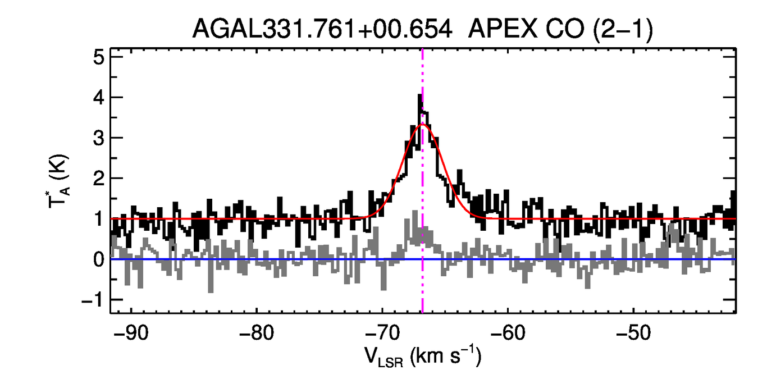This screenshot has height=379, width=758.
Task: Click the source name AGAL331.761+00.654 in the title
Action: click(x=322, y=29)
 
